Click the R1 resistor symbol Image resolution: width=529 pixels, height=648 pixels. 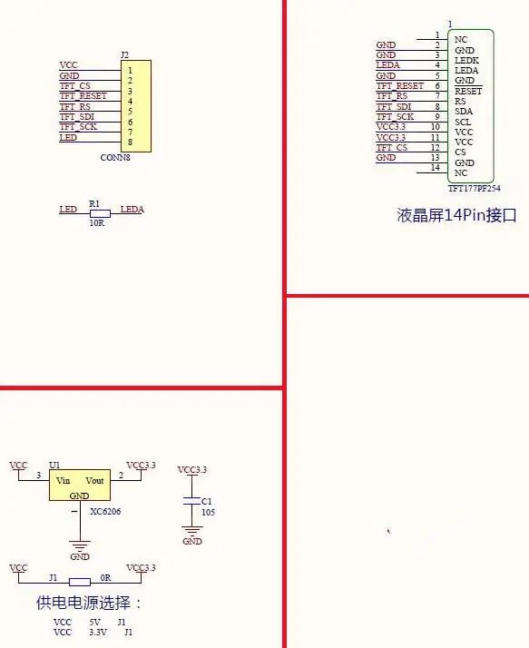pos(100,213)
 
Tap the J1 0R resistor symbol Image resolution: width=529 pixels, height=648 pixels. pos(79,583)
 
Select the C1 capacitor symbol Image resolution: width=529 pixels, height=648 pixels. pos(191,501)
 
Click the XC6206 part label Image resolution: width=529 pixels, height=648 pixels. pos(105,512)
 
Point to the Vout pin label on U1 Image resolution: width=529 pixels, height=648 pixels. pos(94,481)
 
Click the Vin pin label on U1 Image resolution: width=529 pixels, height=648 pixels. pos(64,481)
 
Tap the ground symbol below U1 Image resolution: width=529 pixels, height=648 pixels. pos(80,545)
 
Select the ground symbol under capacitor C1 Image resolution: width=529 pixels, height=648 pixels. pos(192,531)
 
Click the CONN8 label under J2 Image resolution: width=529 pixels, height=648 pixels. pos(115,157)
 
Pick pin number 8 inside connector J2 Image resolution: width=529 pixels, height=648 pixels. pos(130,142)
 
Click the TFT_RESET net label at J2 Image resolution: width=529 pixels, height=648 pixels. pos(83,96)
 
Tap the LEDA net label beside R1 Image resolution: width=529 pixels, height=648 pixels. pos(132,210)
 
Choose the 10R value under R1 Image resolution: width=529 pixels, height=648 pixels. pos(97,222)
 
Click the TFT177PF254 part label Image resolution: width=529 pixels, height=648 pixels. pos(475,189)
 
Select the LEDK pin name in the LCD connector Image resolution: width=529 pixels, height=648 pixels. pos(466,60)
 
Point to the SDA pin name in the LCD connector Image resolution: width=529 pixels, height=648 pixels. pos(464,112)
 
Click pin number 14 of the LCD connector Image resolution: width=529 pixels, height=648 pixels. pos(436,168)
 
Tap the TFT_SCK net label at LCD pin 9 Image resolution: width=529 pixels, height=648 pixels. pos(395,117)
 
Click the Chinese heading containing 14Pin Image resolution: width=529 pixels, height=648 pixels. pos(456,215)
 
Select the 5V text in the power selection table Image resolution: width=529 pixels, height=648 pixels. pos(94,622)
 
